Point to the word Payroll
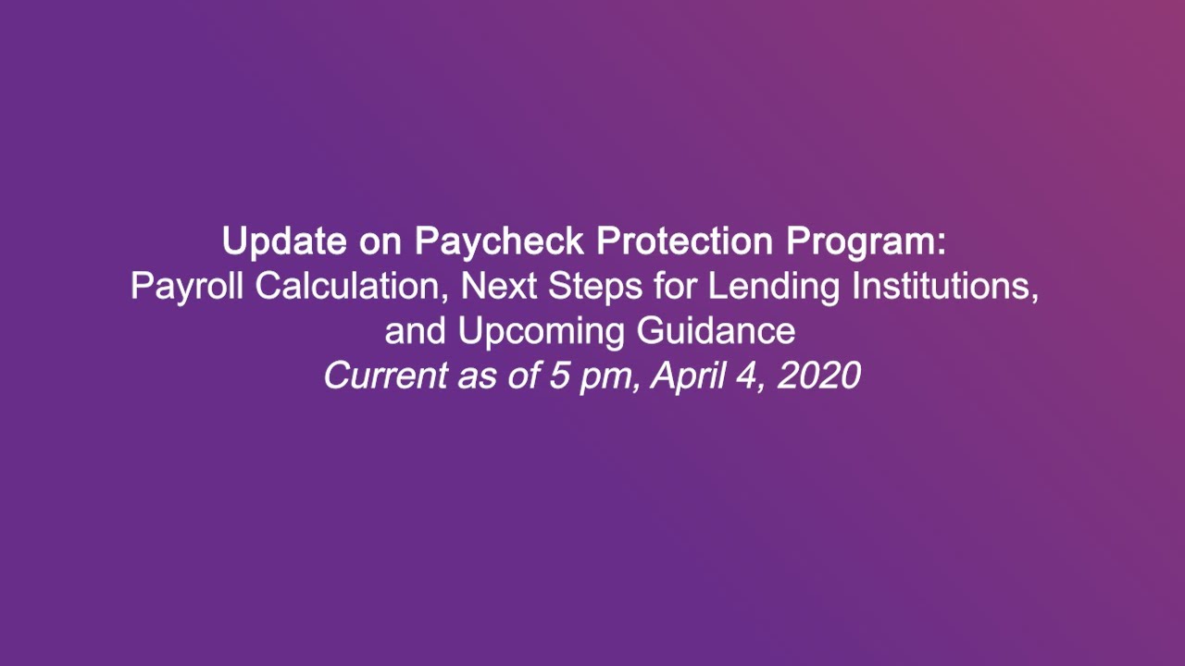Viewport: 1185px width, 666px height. [188, 287]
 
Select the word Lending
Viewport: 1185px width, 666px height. [775, 288]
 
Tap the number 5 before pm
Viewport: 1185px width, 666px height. [559, 376]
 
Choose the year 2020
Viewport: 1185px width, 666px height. [819, 376]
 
